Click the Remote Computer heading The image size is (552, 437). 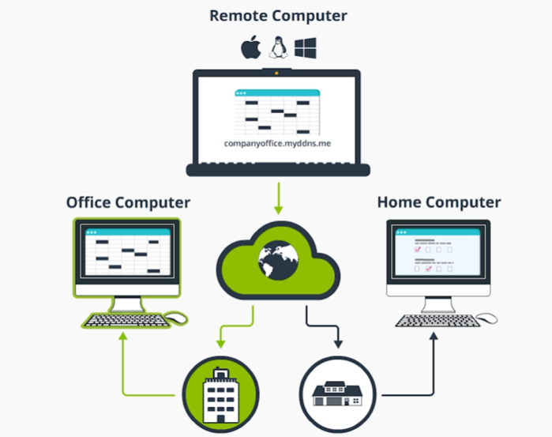278,15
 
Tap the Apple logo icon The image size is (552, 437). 250,47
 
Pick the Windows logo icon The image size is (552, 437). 305,47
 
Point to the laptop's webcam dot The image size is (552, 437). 277,74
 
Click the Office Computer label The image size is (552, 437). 128,202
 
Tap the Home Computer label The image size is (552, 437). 439,202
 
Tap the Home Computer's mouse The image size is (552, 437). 487,318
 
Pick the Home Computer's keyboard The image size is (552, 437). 436,320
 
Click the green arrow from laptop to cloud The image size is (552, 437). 277,198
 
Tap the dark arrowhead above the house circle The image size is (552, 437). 338,344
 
